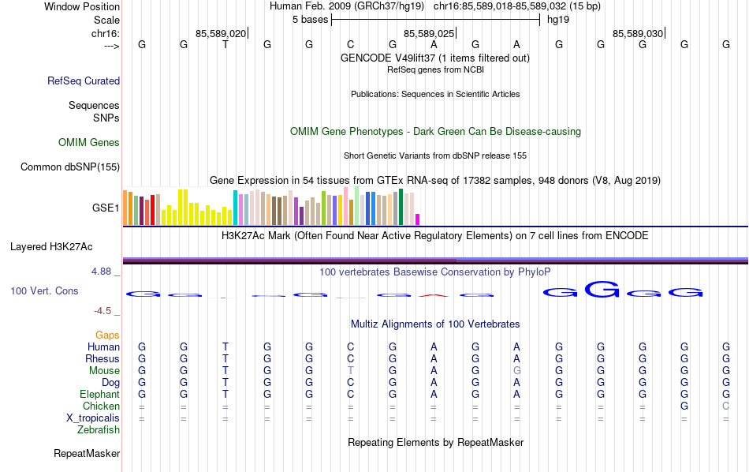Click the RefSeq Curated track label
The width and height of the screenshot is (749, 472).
(x=84, y=81)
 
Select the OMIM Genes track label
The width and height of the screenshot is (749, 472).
(x=89, y=143)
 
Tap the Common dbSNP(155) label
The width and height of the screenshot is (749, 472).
(x=70, y=167)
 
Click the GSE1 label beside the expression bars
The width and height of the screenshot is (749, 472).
(x=106, y=208)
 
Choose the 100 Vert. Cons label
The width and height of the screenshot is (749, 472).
(x=44, y=291)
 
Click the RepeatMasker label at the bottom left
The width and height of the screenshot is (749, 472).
(x=87, y=454)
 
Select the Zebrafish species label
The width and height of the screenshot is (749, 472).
(x=99, y=430)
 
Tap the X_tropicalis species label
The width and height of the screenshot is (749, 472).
(x=93, y=418)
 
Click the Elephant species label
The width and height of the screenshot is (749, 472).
(x=99, y=395)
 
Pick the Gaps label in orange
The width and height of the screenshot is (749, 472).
(x=107, y=335)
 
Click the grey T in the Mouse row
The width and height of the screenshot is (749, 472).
(x=351, y=371)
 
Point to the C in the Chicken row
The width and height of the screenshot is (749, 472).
(x=726, y=406)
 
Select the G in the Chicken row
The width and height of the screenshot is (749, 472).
(x=684, y=406)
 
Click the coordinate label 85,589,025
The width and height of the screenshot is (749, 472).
(x=429, y=33)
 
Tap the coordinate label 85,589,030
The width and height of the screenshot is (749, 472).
(x=638, y=33)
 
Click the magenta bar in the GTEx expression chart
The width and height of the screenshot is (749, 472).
(x=418, y=219)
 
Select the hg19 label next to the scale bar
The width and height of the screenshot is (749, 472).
(x=557, y=20)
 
